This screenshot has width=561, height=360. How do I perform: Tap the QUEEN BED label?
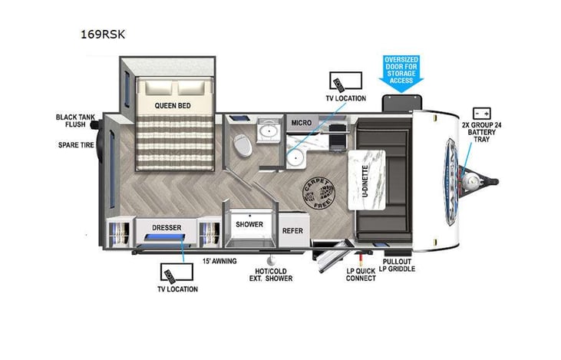click(x=172, y=105)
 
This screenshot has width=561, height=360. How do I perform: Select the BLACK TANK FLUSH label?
click(x=75, y=121)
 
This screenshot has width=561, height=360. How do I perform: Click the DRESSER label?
click(x=166, y=228)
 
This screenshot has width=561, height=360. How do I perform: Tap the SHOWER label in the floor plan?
click(x=249, y=225)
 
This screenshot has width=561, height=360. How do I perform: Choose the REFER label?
click(x=292, y=230)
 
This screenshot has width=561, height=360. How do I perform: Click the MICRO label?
click(x=300, y=123)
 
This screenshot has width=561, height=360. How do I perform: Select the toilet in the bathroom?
click(x=243, y=144)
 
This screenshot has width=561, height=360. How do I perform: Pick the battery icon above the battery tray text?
click(x=482, y=111)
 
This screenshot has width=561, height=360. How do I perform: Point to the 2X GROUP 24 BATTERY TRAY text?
click(x=481, y=133)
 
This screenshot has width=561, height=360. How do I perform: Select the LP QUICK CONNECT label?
click(x=360, y=273)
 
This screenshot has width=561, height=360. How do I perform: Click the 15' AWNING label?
click(x=219, y=261)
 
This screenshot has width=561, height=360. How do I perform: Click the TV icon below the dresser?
click(x=170, y=272)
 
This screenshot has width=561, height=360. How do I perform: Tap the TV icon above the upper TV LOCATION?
click(x=339, y=81)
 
